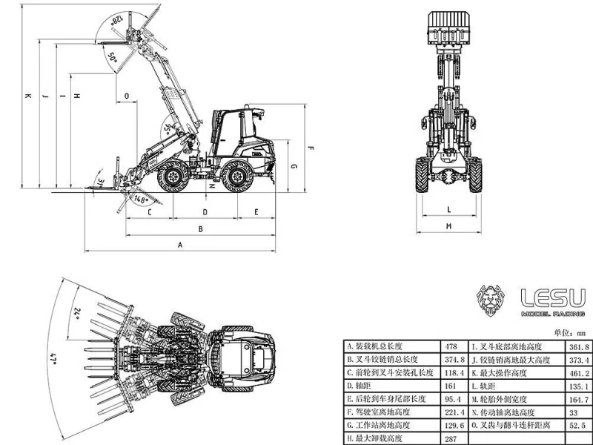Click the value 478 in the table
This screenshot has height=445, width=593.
[x=450, y=346]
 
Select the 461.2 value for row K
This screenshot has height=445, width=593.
[x=577, y=373]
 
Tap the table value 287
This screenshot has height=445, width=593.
[x=449, y=438]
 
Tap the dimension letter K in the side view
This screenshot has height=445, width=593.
[x=27, y=96]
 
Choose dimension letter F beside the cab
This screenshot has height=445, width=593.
[x=311, y=148]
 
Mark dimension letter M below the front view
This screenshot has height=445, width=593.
[x=450, y=225]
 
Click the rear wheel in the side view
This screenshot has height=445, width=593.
[x=237, y=178]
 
